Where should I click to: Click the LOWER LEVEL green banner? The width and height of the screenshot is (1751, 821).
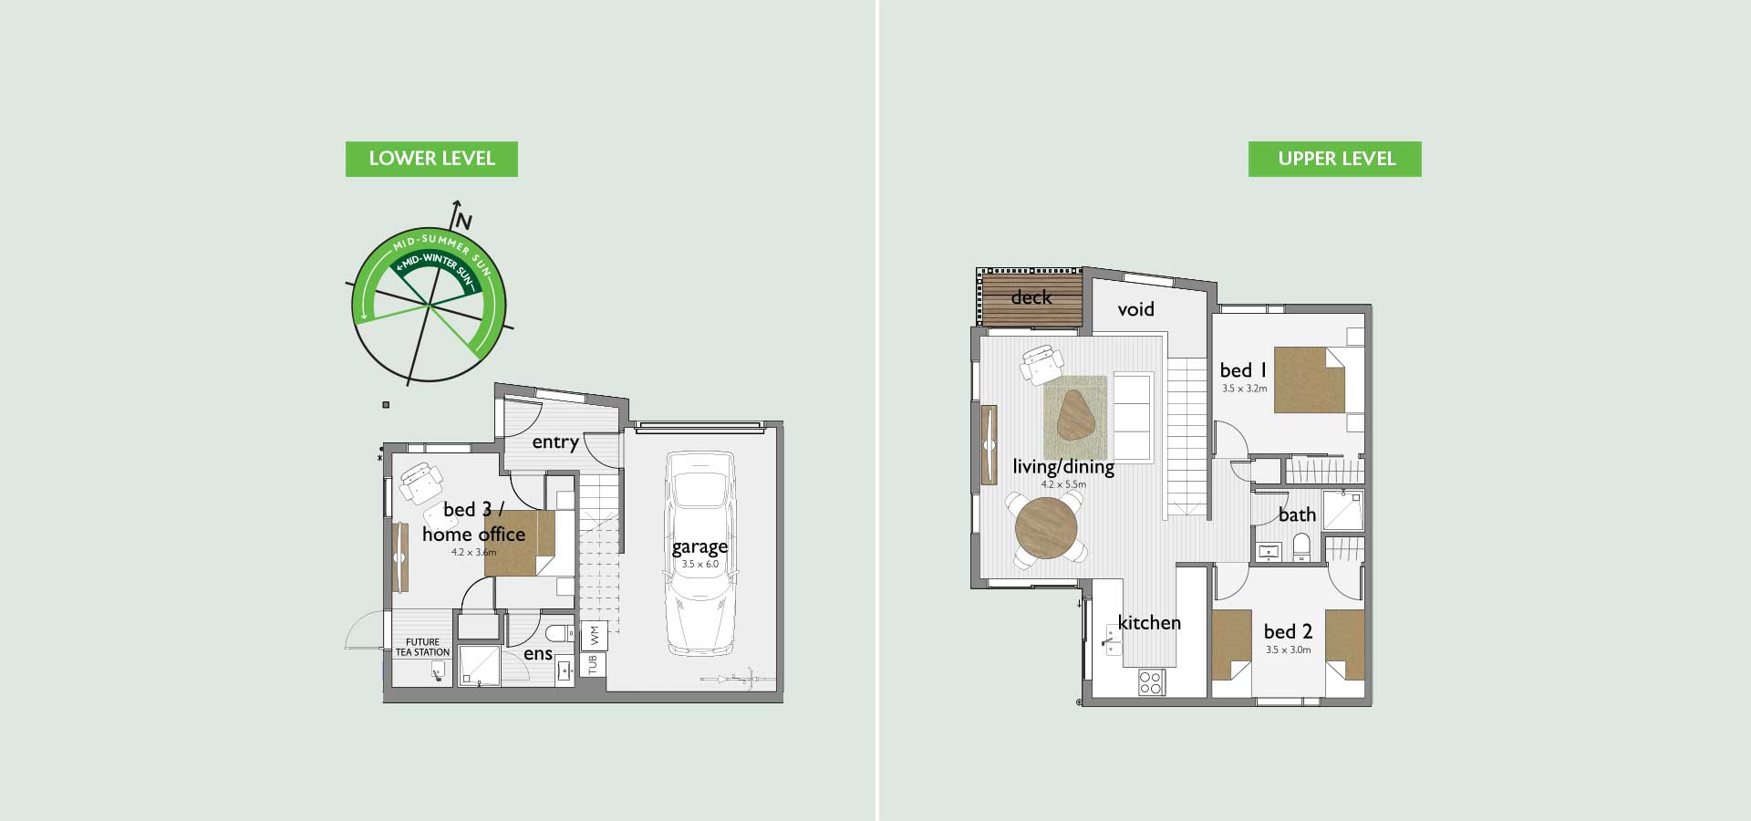click(x=431, y=159)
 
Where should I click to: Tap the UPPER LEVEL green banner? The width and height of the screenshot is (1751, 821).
click(x=1335, y=159)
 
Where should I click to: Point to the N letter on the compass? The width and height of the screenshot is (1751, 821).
click(x=464, y=222)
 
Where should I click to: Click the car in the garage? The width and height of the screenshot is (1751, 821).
click(x=699, y=553)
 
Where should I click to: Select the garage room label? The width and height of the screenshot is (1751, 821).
click(x=699, y=546)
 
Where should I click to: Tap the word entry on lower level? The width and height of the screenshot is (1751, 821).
click(x=555, y=442)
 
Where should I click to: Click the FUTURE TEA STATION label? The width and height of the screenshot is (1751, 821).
click(x=422, y=647)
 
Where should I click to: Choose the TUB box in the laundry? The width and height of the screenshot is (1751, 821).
click(x=593, y=664)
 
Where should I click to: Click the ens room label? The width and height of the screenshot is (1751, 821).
click(x=538, y=654)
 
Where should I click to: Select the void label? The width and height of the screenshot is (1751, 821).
click(x=1136, y=309)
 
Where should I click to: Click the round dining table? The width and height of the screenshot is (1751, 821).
click(x=1046, y=528)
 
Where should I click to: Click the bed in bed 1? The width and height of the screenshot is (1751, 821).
click(x=1310, y=379)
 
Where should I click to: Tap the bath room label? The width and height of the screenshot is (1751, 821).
click(x=1297, y=515)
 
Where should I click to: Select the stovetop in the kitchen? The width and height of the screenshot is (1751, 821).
click(x=1151, y=682)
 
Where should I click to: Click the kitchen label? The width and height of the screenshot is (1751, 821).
click(x=1149, y=622)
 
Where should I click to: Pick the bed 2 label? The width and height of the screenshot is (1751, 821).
click(x=1288, y=631)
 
